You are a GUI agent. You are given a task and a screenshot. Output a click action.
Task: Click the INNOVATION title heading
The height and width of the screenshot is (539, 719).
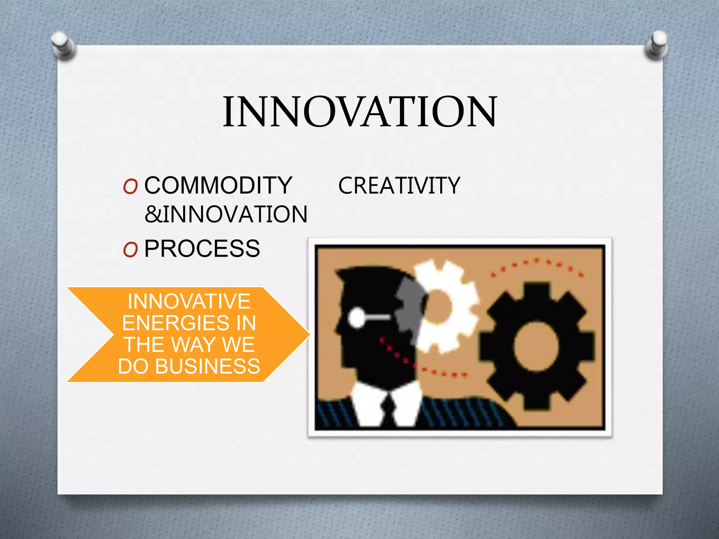tap(360, 112)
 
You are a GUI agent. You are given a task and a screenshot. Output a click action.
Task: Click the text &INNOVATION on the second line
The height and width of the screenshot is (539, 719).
tap(226, 214)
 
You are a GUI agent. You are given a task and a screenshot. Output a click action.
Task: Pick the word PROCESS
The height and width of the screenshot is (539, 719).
tap(202, 248)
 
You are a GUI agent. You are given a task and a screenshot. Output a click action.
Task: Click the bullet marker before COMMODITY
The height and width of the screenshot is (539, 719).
tap(130, 187)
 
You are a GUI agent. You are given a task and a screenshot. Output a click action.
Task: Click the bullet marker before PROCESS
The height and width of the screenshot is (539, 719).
tap(130, 250)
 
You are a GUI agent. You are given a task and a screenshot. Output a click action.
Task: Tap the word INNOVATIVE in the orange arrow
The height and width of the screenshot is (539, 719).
tap(189, 301)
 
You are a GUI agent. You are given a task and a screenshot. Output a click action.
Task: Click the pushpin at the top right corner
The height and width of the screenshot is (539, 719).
tap(657, 44)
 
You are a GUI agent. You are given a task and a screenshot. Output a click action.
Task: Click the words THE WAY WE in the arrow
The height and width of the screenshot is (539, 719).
tap(189, 345)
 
